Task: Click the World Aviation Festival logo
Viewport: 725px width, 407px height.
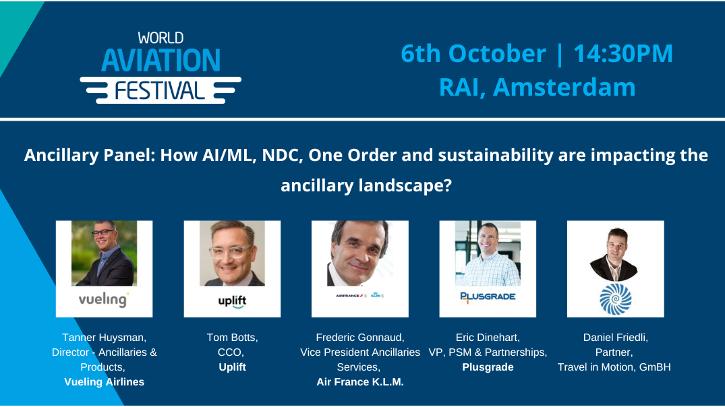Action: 161,67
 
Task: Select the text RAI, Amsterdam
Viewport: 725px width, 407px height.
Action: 537,87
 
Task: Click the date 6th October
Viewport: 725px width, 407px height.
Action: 473,54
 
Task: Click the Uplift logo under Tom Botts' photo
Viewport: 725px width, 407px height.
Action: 232,301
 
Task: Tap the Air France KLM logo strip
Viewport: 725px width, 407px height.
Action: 359,295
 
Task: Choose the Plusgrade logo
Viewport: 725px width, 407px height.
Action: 488,296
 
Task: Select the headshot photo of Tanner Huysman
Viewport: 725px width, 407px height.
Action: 104,253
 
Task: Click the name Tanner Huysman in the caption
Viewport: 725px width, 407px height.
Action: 104,337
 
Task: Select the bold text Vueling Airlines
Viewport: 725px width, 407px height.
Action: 104,381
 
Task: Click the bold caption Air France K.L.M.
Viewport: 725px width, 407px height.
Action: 359,381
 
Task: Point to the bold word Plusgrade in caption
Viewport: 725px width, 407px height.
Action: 488,367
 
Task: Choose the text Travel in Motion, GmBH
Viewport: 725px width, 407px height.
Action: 614,367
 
